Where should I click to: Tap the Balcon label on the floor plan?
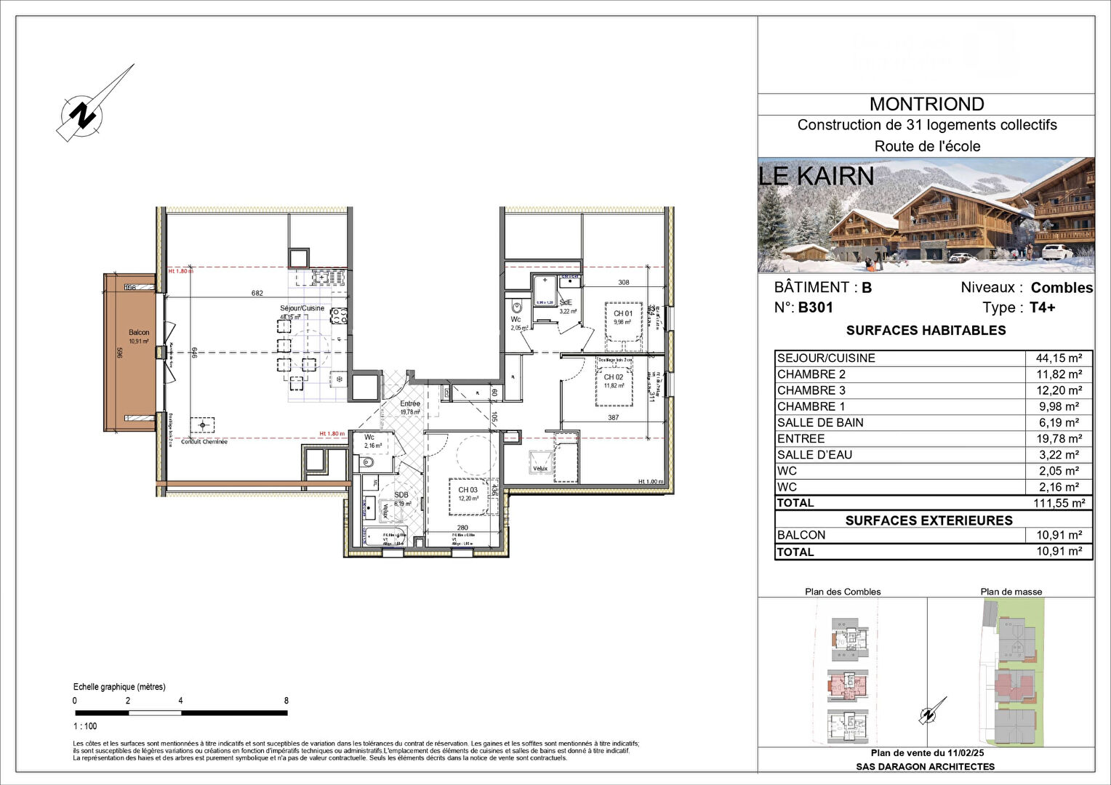point(139,332)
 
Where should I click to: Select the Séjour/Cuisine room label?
point(302,308)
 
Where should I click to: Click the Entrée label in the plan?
point(410,403)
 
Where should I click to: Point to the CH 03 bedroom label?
point(468,490)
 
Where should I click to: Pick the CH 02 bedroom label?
point(614,377)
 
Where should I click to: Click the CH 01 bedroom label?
point(623,314)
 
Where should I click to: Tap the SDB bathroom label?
point(401,495)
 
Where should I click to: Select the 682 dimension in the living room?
point(257,294)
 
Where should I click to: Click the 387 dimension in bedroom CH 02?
point(614,417)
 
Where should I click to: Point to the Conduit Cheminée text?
point(204,442)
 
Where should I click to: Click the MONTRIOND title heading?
point(926,104)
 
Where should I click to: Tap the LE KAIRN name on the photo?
point(817,176)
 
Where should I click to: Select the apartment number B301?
point(815,307)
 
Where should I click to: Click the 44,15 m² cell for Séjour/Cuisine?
point(1059,358)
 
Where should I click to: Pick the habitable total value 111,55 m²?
point(1059,503)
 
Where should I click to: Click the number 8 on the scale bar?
point(286,701)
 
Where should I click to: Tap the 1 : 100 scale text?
point(85,726)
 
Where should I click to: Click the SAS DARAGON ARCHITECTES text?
point(925,766)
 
